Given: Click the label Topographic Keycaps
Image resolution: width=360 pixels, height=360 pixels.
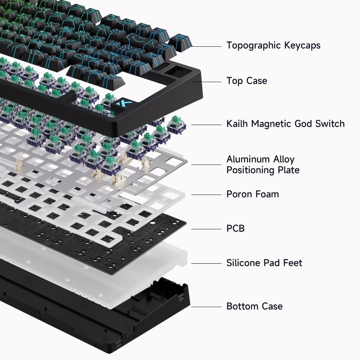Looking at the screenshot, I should tap(273, 45).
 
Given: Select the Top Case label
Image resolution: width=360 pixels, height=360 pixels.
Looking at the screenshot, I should tap(247, 81).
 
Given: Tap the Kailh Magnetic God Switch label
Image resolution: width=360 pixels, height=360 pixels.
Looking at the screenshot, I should tap(285, 124).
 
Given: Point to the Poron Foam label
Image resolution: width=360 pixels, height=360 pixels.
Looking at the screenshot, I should tap(252, 194).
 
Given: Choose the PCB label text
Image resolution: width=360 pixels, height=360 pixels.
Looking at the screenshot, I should tap(235, 229).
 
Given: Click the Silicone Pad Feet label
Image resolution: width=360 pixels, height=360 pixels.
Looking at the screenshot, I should tap(264, 263).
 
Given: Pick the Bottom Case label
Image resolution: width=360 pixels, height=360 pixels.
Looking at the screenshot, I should tap(254, 306).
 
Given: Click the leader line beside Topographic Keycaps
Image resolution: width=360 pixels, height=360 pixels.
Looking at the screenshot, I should tap(207, 46).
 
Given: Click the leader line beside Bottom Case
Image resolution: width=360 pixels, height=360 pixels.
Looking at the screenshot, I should tap(207, 306).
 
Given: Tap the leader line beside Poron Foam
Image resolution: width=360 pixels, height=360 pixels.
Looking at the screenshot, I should tap(207, 194).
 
